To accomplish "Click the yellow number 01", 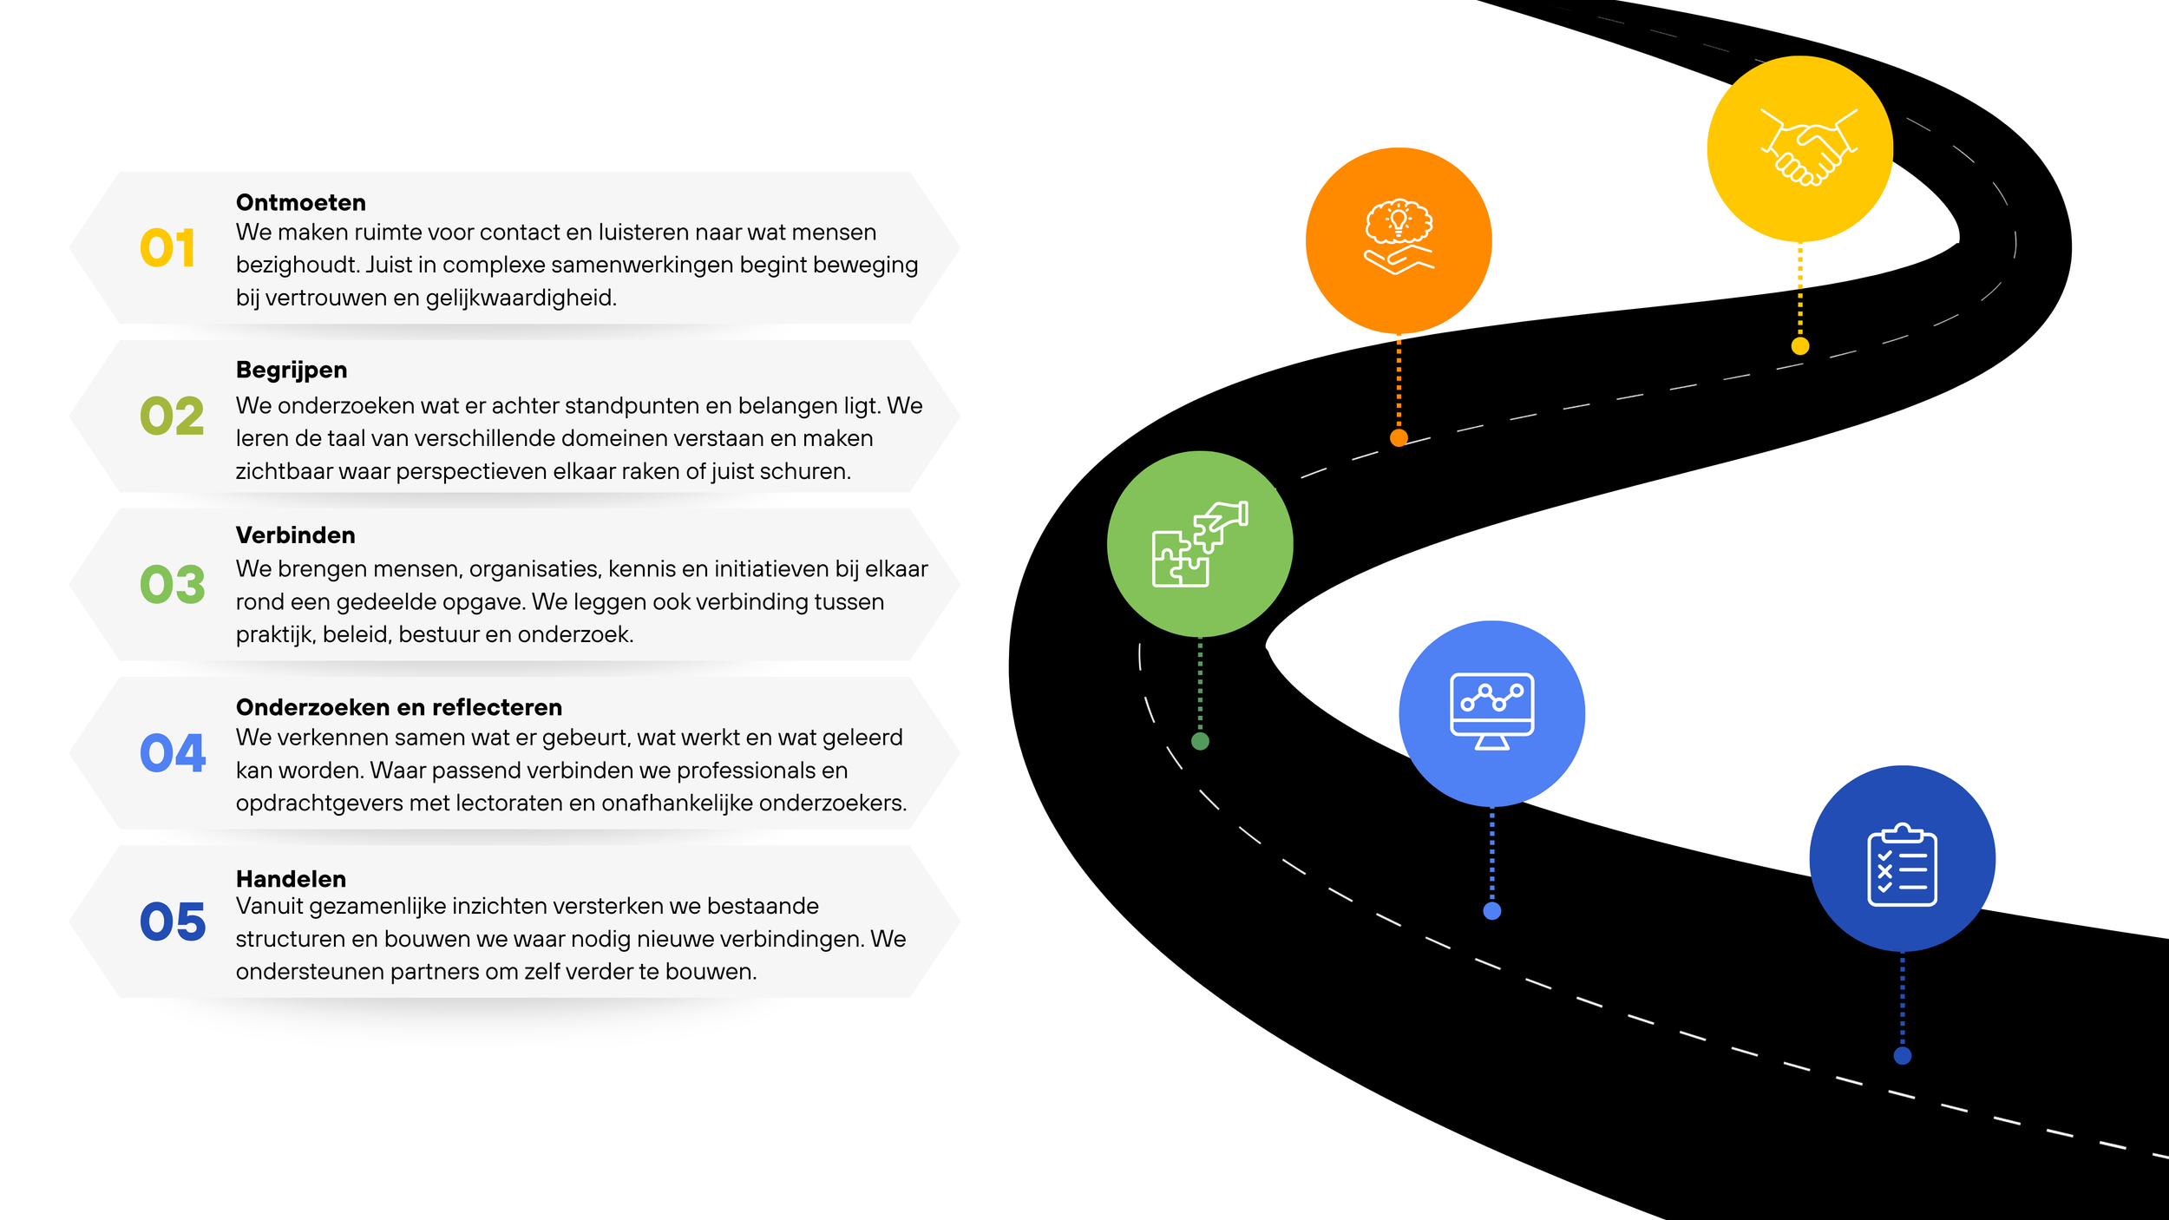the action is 167,248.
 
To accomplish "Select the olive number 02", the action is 172,417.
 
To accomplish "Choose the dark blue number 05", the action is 173,922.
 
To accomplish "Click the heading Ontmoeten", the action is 301,202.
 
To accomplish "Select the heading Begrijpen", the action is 292,371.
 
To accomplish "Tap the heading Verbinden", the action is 296,535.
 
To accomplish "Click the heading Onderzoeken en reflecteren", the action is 399,707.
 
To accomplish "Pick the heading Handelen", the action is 291,879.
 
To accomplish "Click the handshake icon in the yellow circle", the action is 1809,147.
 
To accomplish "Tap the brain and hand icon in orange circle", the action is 1399,237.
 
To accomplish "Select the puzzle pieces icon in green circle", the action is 1200,544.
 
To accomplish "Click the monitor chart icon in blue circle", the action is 1492,711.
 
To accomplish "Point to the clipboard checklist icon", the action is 1902,864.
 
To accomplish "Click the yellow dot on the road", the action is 1800,346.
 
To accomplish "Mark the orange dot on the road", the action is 1399,438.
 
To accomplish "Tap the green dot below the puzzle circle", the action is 1200,741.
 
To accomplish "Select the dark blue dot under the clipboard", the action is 1903,1056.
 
